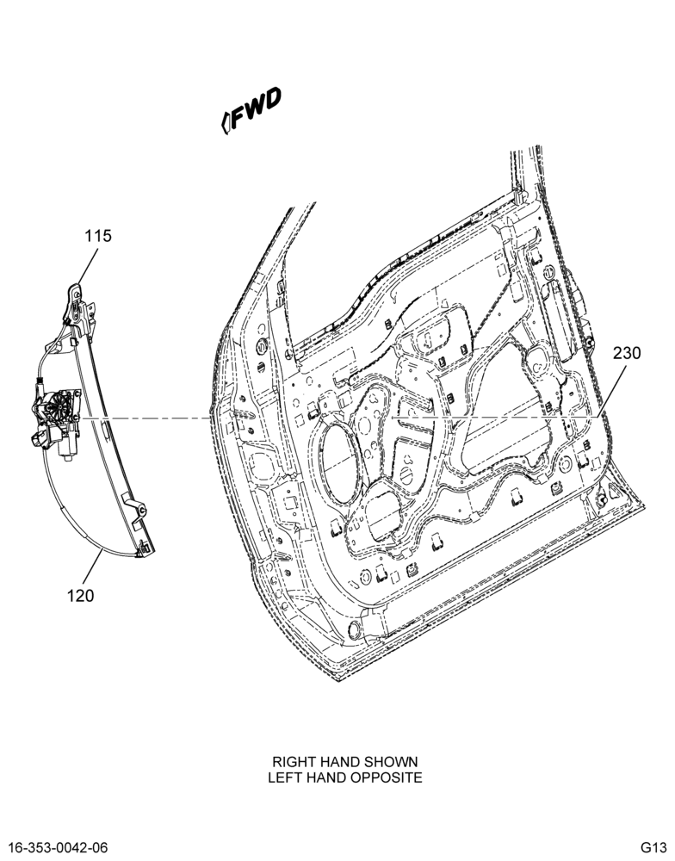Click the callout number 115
click(x=98, y=236)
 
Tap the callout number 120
click(x=81, y=595)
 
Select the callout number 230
click(x=627, y=352)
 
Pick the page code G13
click(x=653, y=846)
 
